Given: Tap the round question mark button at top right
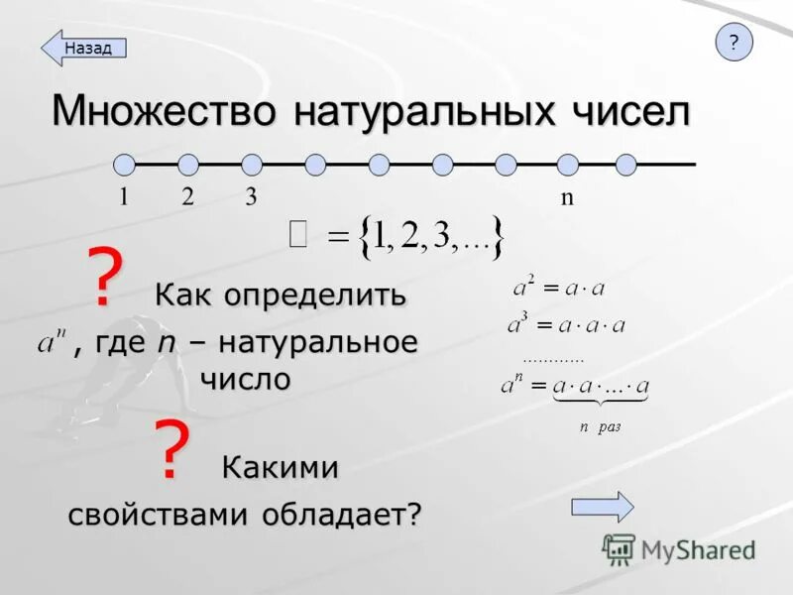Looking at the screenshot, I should pyautogui.click(x=734, y=43).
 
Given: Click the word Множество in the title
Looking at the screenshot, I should pyautogui.click(x=165, y=110).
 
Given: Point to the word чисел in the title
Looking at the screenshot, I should pyautogui.click(x=628, y=110).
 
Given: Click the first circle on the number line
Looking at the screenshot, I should pyautogui.click(x=124, y=164).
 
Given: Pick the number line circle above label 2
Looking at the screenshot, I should pyautogui.click(x=188, y=164).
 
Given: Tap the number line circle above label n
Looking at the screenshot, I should pyautogui.click(x=567, y=164).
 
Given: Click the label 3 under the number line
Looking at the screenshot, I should pyautogui.click(x=252, y=196).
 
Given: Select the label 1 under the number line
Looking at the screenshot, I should pyautogui.click(x=124, y=196).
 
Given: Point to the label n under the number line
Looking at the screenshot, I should pyautogui.click(x=567, y=196).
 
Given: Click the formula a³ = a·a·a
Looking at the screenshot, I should pyautogui.click(x=566, y=324).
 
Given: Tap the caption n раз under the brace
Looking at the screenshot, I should pyautogui.click(x=600, y=426).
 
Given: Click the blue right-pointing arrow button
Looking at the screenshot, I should pyautogui.click(x=603, y=506).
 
